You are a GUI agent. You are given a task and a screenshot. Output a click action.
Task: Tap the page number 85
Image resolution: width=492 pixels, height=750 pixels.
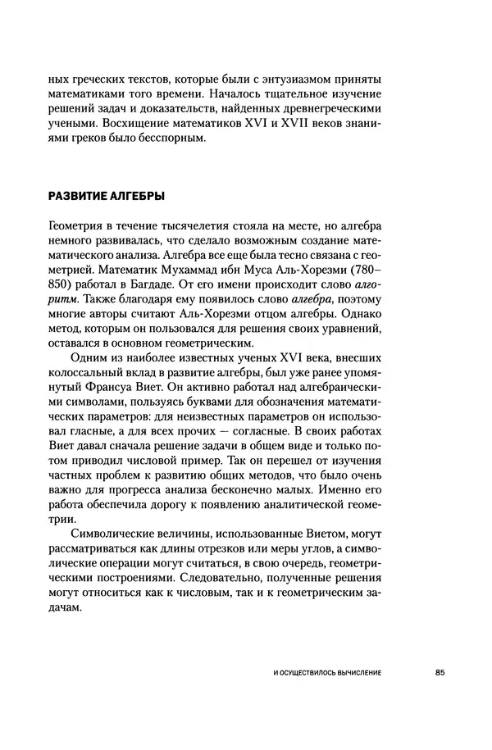(440, 673)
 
